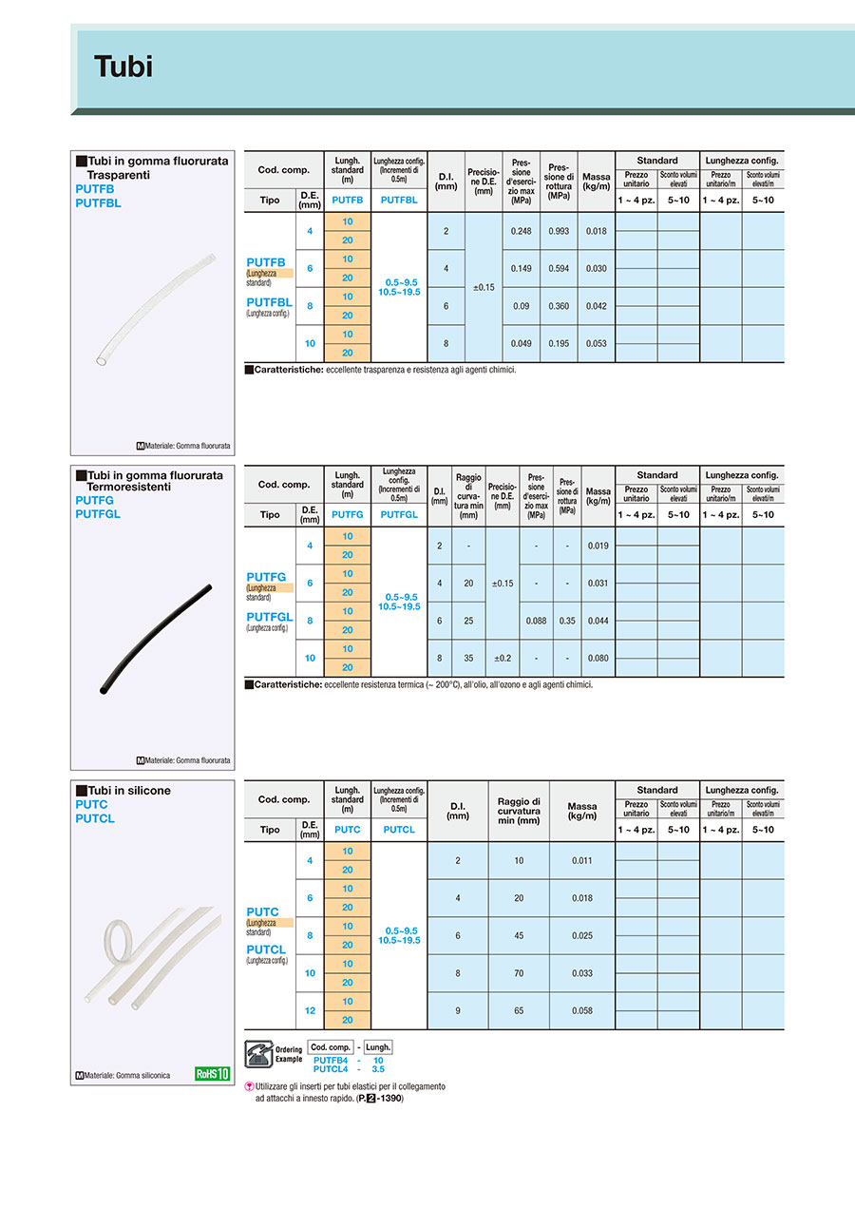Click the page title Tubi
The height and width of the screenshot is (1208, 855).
pyautogui.click(x=123, y=67)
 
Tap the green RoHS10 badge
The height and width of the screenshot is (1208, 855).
pyautogui.click(x=213, y=1074)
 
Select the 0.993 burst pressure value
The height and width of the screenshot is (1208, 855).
pyautogui.click(x=558, y=231)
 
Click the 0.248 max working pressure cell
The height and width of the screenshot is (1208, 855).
pyautogui.click(x=521, y=231)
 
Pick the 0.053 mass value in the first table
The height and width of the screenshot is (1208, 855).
pyautogui.click(x=596, y=343)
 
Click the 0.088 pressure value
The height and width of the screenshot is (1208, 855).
pyautogui.click(x=536, y=621)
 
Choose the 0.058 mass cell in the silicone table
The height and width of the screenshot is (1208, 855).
pyautogui.click(x=581, y=1010)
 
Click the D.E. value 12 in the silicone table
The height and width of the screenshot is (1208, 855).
pyautogui.click(x=310, y=1010)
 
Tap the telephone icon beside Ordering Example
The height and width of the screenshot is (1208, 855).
pyautogui.click(x=258, y=1053)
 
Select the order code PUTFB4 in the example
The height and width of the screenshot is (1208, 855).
pyautogui.click(x=329, y=1060)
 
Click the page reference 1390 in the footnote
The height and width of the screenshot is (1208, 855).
pyautogui.click(x=390, y=1099)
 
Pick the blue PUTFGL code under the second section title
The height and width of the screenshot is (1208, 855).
pyautogui.click(x=98, y=514)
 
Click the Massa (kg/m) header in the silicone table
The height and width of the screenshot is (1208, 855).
pyautogui.click(x=581, y=811)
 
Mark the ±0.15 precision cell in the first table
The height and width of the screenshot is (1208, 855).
pyautogui.click(x=483, y=287)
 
